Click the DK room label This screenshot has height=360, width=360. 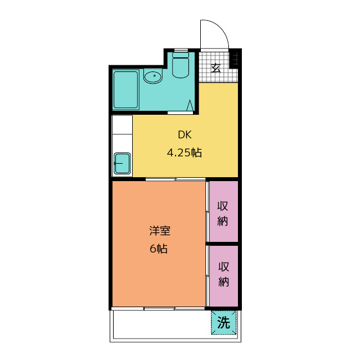[184, 134]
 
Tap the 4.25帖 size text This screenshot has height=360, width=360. [184, 152]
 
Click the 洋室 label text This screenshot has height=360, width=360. [159, 231]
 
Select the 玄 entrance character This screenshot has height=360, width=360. [215, 69]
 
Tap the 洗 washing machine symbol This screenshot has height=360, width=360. [224, 323]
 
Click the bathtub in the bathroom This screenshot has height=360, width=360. [125, 89]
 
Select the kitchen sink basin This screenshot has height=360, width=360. [122, 163]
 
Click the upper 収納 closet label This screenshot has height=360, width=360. [223, 213]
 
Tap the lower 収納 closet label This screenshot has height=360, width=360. [223, 274]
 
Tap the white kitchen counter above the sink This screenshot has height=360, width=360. [122, 133]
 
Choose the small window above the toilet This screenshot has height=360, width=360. [181, 51]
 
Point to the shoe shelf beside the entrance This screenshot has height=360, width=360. [235, 58]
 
